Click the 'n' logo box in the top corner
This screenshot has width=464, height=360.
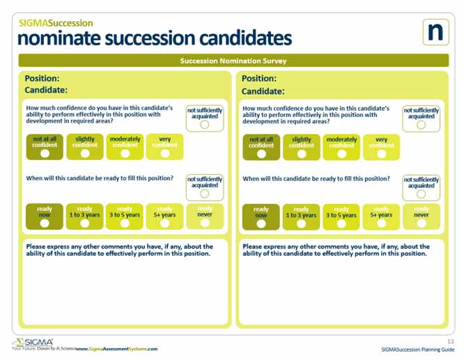click(x=435, y=32)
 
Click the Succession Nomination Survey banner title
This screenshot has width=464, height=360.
click(x=233, y=61)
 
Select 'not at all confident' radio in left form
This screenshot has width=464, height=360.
click(x=45, y=153)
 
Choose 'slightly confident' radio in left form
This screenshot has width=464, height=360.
click(x=85, y=153)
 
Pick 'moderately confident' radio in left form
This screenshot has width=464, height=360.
click(x=125, y=153)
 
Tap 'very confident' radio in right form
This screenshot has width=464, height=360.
click(x=382, y=153)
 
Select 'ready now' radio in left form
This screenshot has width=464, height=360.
click(x=45, y=223)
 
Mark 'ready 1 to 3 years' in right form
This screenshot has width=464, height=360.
click(x=302, y=223)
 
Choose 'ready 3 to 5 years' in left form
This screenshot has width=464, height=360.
click(x=125, y=223)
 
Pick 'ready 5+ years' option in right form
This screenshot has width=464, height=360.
click(x=382, y=223)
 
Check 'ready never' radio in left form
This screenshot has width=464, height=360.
click(x=205, y=223)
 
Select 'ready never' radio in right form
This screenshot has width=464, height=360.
click(x=422, y=223)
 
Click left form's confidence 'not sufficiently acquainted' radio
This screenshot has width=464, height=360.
click(x=205, y=125)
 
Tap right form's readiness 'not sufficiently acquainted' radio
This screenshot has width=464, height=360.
click(x=422, y=195)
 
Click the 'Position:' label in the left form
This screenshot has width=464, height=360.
click(x=42, y=79)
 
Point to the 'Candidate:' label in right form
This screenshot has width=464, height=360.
click(x=263, y=91)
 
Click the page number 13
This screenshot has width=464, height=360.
click(x=450, y=341)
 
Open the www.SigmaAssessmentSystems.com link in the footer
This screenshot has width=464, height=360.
click(x=116, y=349)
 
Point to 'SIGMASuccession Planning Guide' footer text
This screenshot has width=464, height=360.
click(x=418, y=350)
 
